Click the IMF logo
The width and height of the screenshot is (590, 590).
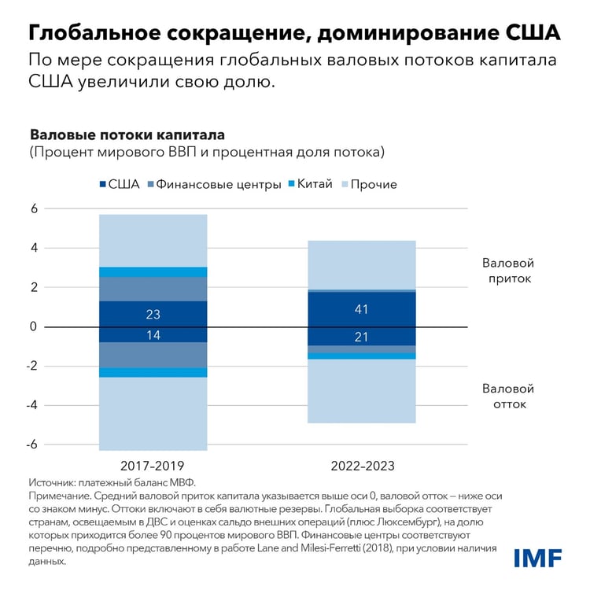[x=537, y=558]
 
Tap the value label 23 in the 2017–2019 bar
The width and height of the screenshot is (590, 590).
[x=153, y=314]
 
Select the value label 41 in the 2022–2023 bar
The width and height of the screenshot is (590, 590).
[x=362, y=309]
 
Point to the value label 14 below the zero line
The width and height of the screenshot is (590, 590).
[x=153, y=334]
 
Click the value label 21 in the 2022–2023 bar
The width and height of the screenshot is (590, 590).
[x=362, y=337]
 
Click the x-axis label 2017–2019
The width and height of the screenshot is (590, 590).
[x=153, y=466]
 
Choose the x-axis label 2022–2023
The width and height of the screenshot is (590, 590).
[x=362, y=466]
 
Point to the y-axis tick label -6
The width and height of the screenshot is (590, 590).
[x=32, y=444]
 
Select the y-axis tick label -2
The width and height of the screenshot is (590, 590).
[x=32, y=366]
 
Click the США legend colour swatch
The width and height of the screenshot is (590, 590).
[x=104, y=184]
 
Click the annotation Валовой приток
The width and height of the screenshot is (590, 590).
[x=507, y=270]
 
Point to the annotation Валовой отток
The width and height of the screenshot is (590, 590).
[x=507, y=396]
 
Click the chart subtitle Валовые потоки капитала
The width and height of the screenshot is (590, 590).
[x=127, y=135]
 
